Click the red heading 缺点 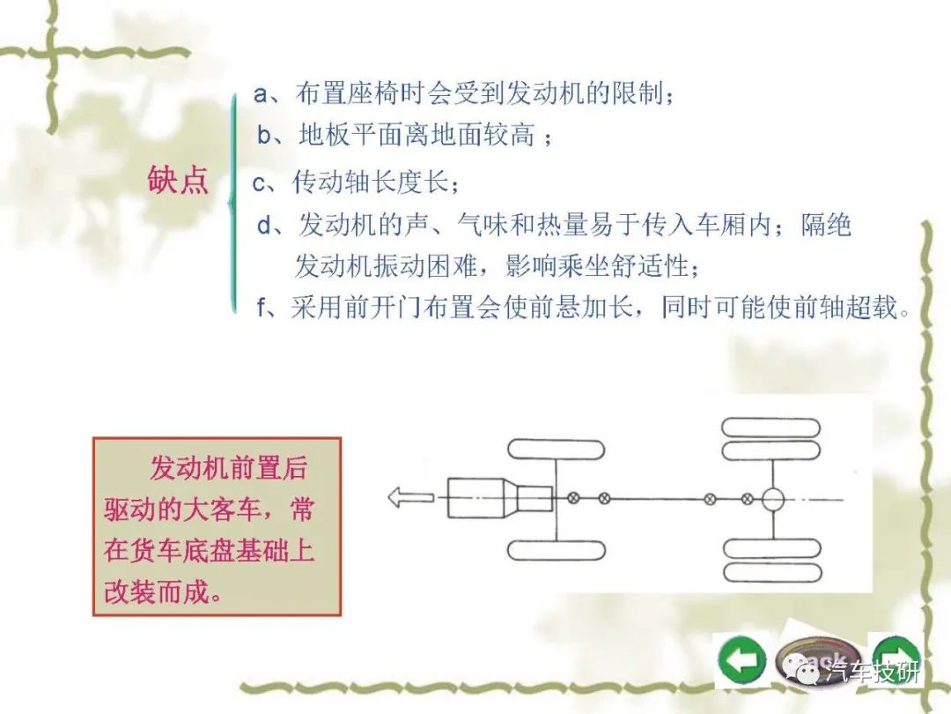(x=178, y=181)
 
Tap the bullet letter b (x=264, y=135)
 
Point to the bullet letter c (x=259, y=182)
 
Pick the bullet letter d (x=264, y=226)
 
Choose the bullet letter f (x=262, y=308)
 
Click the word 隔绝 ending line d (x=826, y=225)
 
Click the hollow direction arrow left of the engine (x=410, y=497)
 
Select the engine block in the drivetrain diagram (x=500, y=498)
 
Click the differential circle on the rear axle (x=773, y=500)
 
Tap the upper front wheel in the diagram (x=556, y=450)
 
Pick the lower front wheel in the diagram (x=557, y=550)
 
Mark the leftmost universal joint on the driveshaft (x=573, y=498)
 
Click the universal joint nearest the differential (x=748, y=500)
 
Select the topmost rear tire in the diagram (x=770, y=428)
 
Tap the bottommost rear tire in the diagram (x=772, y=572)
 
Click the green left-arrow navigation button (x=741, y=660)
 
